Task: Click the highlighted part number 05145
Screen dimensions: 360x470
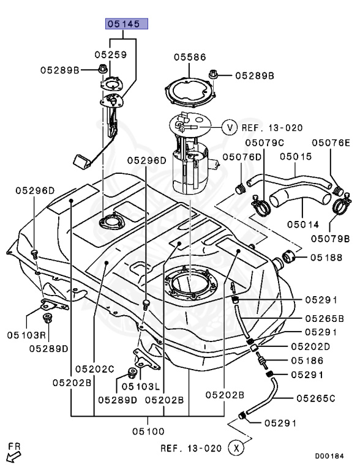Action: click(x=126, y=24)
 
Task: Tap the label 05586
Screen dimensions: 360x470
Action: click(x=190, y=57)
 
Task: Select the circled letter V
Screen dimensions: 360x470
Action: click(x=230, y=128)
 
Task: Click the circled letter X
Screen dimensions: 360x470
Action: click(x=236, y=448)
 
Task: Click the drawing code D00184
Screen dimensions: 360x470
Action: click(x=329, y=456)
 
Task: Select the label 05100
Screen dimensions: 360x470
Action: click(x=149, y=431)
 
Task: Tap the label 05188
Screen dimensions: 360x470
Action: click(x=326, y=258)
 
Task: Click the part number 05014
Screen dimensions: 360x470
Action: click(x=303, y=224)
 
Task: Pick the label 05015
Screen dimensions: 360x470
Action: click(x=296, y=157)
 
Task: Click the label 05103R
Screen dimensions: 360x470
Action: click(x=26, y=335)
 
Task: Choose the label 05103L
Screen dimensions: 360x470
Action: click(x=141, y=387)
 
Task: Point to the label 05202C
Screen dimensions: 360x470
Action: click(x=95, y=368)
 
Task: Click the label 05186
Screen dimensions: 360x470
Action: click(x=307, y=360)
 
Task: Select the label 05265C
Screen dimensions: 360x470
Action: click(x=316, y=398)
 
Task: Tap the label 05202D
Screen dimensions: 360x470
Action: click(x=310, y=346)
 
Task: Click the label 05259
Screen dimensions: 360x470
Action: click(x=111, y=54)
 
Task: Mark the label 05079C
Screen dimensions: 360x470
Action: click(x=264, y=143)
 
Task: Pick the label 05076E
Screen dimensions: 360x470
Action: click(x=331, y=143)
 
